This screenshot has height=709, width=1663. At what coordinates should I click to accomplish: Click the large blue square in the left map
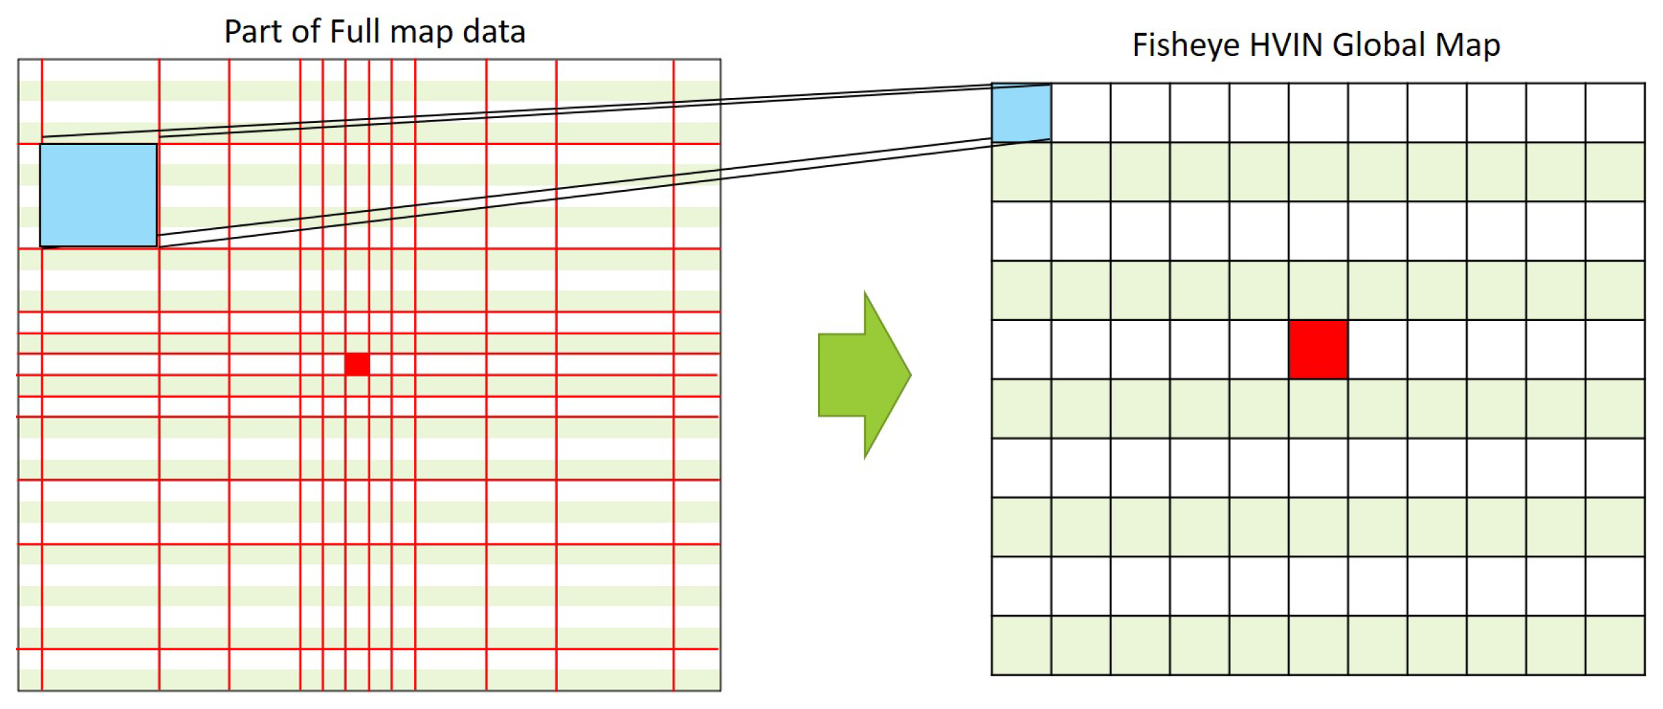coord(98,195)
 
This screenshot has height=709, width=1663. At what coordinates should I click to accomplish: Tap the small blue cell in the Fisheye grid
coord(1021,113)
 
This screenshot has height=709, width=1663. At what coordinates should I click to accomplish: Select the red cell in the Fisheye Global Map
coord(1318,349)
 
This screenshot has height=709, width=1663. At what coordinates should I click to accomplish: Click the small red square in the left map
coord(357,364)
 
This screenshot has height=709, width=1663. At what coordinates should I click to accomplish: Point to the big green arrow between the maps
coord(864,375)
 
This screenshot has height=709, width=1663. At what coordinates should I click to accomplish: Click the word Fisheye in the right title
coord(1185,46)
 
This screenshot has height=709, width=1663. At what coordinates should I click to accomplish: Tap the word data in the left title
coord(494,32)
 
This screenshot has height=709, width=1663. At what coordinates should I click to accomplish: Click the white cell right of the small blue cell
coord(1080,113)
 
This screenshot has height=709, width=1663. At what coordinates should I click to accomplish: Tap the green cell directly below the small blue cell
coord(1021,172)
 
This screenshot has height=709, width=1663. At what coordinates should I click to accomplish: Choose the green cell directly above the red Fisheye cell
coord(1318,290)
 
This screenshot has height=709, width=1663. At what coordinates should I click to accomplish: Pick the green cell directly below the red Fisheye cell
coord(1318,409)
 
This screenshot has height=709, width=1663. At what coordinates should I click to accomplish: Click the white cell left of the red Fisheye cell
coord(1258,349)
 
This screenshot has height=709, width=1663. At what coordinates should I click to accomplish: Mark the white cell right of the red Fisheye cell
coord(1377,349)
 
